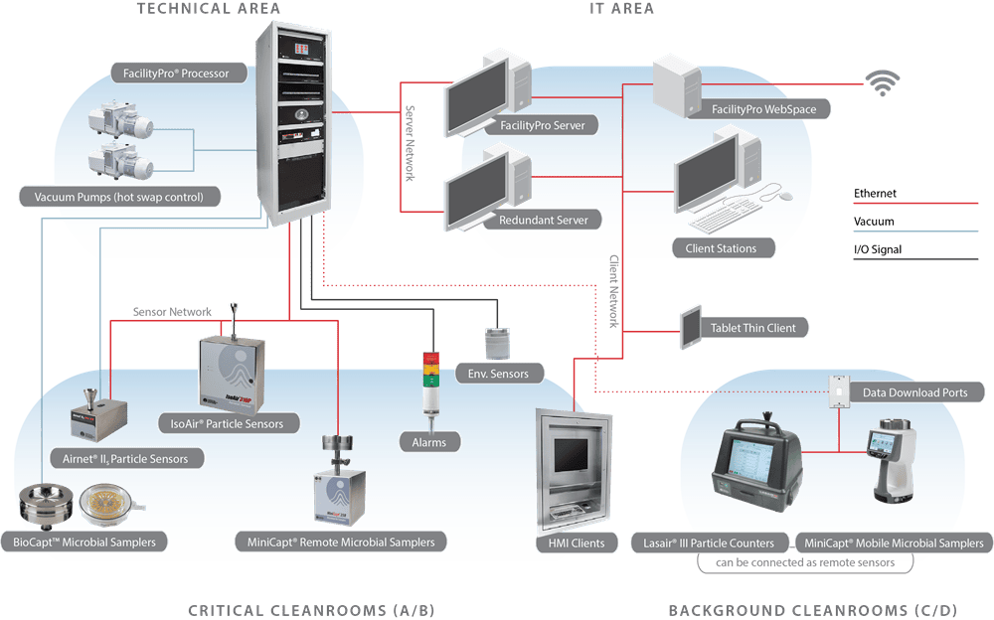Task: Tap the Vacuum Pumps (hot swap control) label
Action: tap(118, 197)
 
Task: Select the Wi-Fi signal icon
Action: tap(879, 83)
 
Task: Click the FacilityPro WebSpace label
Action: tap(763, 108)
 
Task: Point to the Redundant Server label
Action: tap(544, 220)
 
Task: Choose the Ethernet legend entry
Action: tap(875, 194)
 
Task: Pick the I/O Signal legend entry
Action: tap(878, 249)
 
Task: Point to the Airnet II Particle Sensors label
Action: tap(125, 458)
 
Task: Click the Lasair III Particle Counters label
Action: tap(710, 542)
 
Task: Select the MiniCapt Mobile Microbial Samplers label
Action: tap(893, 542)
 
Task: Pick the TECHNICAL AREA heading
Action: tap(209, 9)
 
